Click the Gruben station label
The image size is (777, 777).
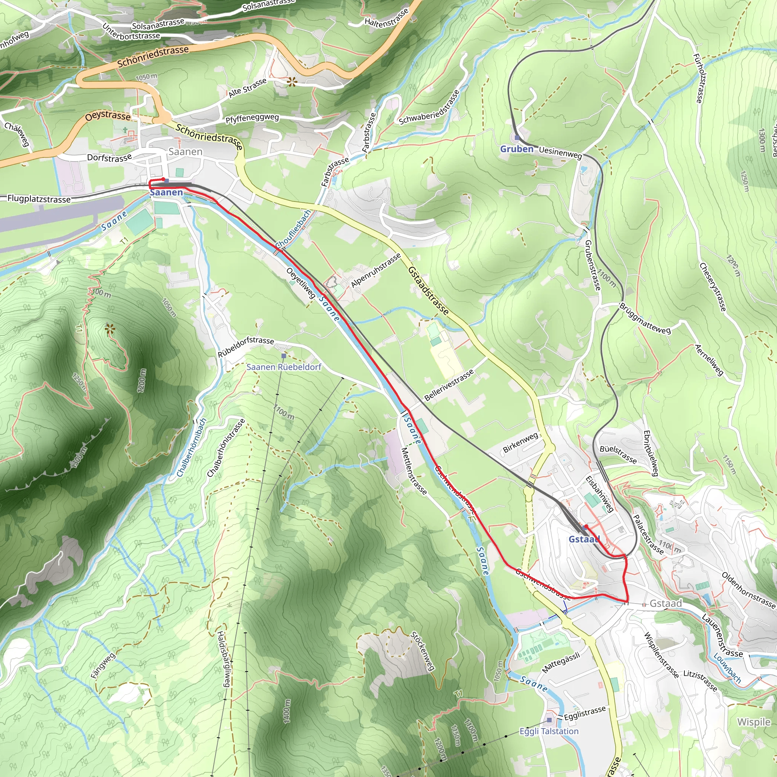(x=516, y=149)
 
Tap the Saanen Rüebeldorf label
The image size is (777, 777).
(x=283, y=367)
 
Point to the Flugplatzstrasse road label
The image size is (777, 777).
(x=39, y=199)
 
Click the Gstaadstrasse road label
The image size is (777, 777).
(x=428, y=290)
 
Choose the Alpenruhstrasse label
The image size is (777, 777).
(x=376, y=270)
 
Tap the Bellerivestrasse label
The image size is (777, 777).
(x=449, y=385)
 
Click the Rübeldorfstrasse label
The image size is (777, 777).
(x=246, y=346)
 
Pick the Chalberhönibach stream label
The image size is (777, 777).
(x=192, y=448)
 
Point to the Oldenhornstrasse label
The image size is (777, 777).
(x=748, y=590)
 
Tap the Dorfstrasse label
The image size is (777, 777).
(x=109, y=157)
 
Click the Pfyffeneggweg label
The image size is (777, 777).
(x=252, y=119)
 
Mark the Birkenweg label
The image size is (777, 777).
(x=521, y=442)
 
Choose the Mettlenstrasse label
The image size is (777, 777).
(x=414, y=470)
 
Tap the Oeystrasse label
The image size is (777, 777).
(x=108, y=116)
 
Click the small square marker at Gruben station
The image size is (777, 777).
(x=517, y=138)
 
